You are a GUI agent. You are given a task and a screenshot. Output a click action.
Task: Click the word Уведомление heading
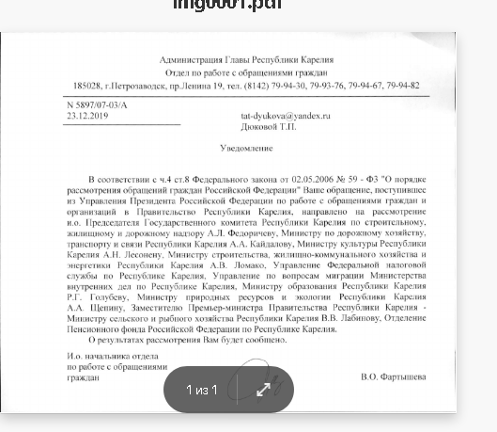[x=246, y=149]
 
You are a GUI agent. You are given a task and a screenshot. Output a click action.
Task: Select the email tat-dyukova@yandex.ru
[x=286, y=116]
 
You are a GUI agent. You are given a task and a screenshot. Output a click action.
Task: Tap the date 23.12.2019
[x=87, y=116]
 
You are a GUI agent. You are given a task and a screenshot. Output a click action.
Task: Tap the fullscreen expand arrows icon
[x=264, y=390]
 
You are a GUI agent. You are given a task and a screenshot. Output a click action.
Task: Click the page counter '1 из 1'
[x=201, y=390]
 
